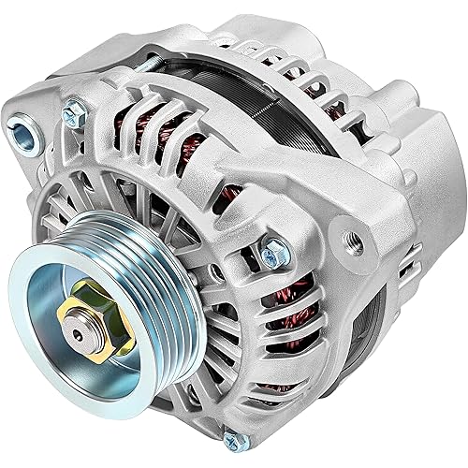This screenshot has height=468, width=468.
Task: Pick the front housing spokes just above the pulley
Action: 140,234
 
